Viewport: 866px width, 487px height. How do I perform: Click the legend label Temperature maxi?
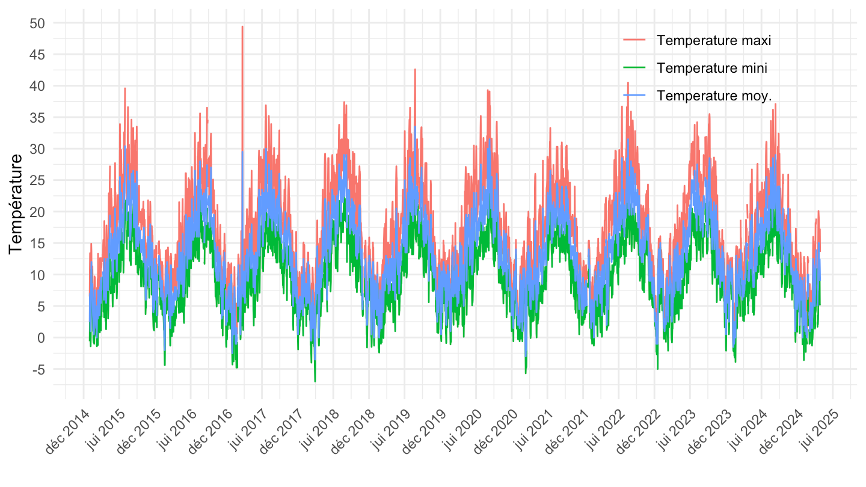pos(714,40)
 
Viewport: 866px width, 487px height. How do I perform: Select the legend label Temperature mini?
pos(712,68)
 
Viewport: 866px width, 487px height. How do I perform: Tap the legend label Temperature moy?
pos(714,96)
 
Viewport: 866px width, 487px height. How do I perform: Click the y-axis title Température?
pos(16,203)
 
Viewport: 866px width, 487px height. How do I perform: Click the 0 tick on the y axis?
pos(41,338)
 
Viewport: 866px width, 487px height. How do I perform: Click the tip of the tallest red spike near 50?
pos(242,26)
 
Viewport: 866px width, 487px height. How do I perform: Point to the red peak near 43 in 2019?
pos(415,69)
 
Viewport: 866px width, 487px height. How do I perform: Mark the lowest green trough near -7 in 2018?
pos(315,381)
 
